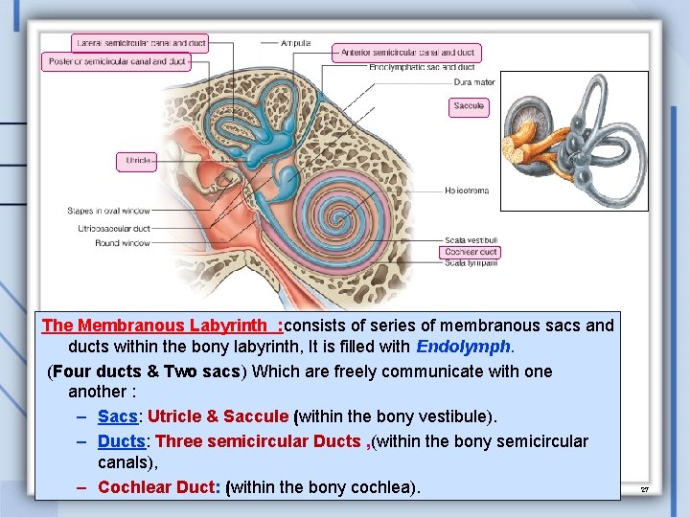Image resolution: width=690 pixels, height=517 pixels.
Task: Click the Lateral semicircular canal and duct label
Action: [x=140, y=42]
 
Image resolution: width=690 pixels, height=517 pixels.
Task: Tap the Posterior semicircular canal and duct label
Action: [x=116, y=61]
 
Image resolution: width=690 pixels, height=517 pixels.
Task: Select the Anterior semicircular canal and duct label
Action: [x=406, y=53]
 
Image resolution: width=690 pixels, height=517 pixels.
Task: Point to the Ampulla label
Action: [x=296, y=42]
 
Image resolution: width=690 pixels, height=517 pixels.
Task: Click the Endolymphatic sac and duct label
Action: [x=422, y=68]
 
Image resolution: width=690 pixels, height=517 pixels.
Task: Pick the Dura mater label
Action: [x=475, y=82]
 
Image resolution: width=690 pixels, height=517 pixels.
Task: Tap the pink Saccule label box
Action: [x=469, y=106]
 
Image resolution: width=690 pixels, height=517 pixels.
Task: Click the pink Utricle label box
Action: [x=137, y=162]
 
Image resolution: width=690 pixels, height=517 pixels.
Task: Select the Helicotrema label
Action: [x=467, y=191]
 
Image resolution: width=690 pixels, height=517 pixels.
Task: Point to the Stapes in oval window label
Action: [x=109, y=211]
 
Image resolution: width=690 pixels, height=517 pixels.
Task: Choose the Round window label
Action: [x=123, y=243]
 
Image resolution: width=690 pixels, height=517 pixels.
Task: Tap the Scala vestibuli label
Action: [x=470, y=240]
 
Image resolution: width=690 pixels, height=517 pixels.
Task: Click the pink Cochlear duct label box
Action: [x=471, y=252]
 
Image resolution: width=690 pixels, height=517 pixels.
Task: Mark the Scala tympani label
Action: [x=469, y=262]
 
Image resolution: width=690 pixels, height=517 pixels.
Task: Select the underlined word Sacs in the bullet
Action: [x=118, y=416]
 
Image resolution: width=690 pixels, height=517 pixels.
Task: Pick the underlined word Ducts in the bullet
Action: [x=122, y=441]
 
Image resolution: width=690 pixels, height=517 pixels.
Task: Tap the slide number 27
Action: [x=645, y=489]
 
